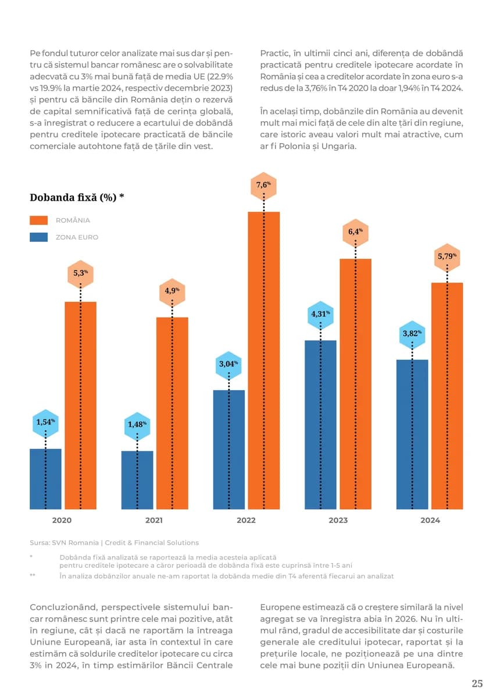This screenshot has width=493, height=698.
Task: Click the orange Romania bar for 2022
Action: (x=264, y=361)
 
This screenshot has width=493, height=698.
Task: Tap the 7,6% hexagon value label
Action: (x=264, y=186)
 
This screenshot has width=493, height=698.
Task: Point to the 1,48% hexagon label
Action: (x=137, y=424)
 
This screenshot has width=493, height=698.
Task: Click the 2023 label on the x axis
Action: (x=338, y=520)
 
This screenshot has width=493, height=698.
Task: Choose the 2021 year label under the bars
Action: (x=154, y=520)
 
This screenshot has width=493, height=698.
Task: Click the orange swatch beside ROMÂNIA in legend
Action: (x=38, y=220)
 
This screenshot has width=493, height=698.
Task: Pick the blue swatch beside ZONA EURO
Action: (x=38, y=237)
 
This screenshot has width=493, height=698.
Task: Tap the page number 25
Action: (x=477, y=683)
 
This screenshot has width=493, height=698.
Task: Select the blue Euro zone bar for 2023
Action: (x=320, y=425)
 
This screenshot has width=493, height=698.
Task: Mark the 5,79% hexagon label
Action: (x=446, y=256)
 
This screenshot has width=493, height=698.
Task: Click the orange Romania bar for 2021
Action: (x=172, y=413)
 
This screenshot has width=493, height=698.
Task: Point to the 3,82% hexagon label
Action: (x=412, y=334)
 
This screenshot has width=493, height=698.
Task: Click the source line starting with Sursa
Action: (x=114, y=543)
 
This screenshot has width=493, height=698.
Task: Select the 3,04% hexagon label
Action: (x=228, y=364)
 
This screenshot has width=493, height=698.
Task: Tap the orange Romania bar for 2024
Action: (x=446, y=396)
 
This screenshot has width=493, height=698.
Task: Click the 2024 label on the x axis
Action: (x=430, y=520)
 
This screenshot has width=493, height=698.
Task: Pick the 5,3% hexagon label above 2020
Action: (x=81, y=272)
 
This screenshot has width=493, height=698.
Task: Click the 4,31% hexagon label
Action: (x=321, y=314)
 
